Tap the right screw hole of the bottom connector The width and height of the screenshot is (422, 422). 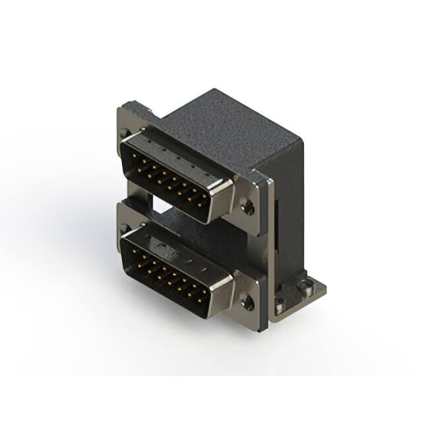247,303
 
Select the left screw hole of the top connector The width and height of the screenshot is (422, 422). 125,133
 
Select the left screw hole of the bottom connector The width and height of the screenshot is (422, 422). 125,229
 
